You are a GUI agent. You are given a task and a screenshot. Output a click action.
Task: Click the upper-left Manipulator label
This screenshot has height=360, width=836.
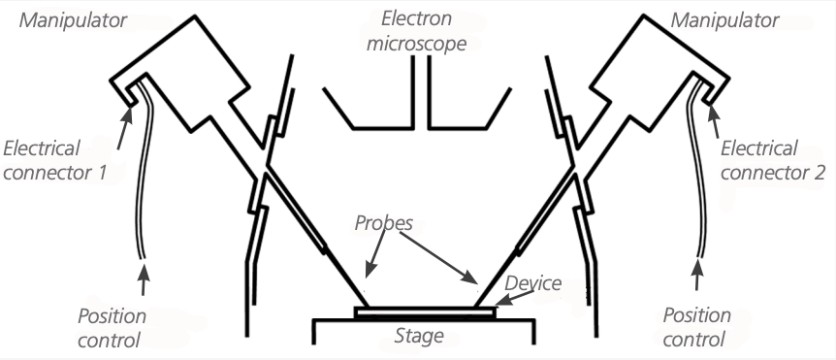click(x=73, y=20)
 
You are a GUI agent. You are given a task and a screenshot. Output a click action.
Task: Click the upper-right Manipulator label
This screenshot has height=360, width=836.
click(x=724, y=20)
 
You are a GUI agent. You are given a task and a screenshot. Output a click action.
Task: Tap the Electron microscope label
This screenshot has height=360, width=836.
click(x=416, y=31)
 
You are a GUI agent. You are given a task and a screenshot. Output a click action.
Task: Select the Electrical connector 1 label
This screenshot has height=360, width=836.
click(x=55, y=160)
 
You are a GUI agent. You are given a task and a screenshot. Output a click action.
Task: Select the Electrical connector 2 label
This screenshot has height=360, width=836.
click(x=773, y=160)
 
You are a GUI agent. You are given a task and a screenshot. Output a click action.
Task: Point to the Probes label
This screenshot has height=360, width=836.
click(x=384, y=223)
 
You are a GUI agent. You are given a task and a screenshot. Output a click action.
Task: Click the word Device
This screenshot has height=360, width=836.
click(x=532, y=283)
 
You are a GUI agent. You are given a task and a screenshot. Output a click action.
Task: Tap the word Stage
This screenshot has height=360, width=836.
click(x=419, y=336)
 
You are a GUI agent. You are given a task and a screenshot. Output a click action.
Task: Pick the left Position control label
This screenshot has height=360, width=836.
click(x=112, y=327)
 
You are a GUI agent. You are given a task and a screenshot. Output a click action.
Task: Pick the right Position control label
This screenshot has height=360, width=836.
click(x=697, y=327)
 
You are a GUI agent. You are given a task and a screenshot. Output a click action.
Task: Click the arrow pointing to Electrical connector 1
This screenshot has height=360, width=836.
click(x=124, y=127)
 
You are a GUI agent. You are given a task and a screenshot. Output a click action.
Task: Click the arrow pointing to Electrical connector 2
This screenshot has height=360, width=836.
click(x=715, y=121)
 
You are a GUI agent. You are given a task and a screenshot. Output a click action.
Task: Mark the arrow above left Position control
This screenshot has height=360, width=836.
click(x=143, y=278)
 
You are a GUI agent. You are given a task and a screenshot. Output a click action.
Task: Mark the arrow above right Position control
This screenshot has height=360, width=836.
click(x=696, y=275)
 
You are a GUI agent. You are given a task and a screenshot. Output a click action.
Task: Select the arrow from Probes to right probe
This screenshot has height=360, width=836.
click(x=437, y=259)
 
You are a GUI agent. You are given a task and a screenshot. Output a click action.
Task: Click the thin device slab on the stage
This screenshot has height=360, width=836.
click(x=425, y=312)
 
